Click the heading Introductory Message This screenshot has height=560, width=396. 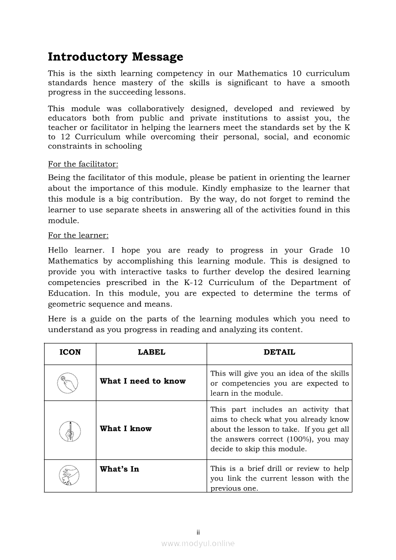point(116,57)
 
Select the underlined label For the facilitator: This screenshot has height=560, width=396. point(83,164)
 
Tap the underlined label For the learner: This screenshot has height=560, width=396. point(78,236)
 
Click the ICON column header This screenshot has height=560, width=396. point(70,352)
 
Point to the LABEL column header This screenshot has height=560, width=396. point(151,352)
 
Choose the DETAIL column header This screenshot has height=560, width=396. point(280,352)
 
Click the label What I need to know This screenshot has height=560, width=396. point(143,381)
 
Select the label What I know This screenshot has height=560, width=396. point(126,429)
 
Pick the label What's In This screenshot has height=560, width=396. point(119,469)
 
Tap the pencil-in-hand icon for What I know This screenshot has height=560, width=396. point(70,430)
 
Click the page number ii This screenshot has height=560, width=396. point(198,532)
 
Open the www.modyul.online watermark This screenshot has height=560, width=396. point(198,543)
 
